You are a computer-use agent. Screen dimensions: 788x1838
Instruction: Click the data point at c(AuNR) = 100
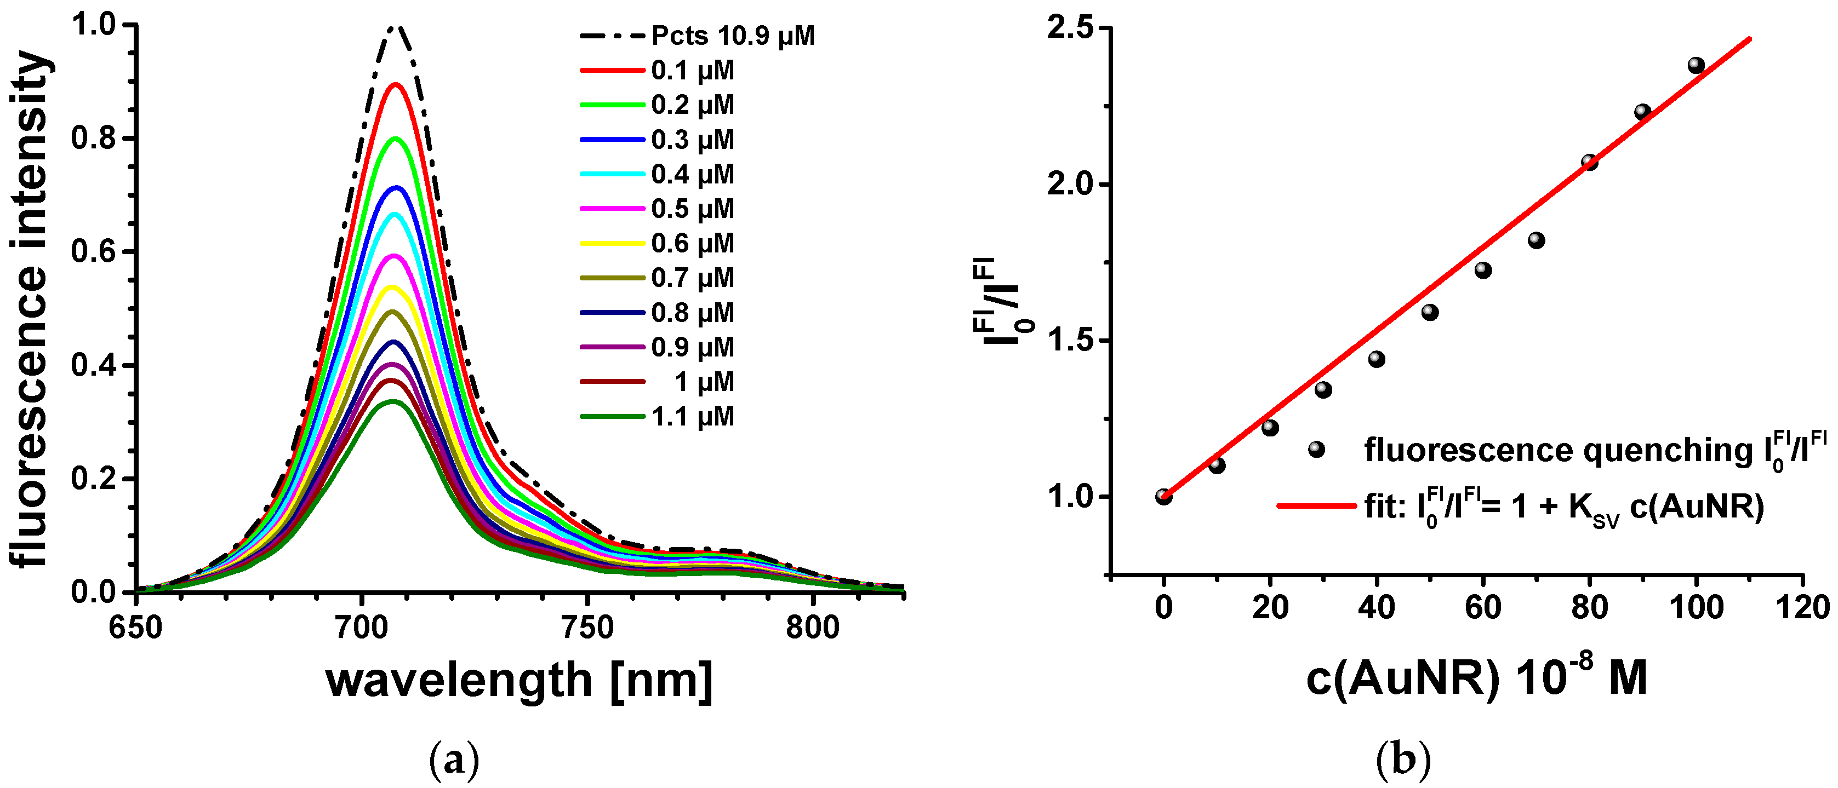pyautogui.click(x=1696, y=66)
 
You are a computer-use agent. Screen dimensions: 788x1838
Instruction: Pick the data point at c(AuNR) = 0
pyautogui.click(x=1164, y=496)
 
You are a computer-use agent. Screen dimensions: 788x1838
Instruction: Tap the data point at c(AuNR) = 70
pyautogui.click(x=1536, y=240)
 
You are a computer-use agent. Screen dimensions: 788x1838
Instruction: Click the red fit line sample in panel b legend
pyautogui.click(x=1316, y=505)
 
